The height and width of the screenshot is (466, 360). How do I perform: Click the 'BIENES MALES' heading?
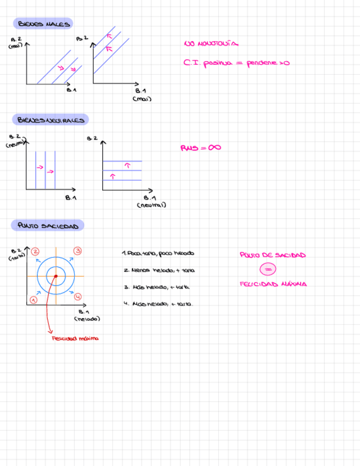click(x=43, y=24)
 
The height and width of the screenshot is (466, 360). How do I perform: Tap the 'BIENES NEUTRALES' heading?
click(x=50, y=120)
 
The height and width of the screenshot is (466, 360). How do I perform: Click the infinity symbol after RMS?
click(x=214, y=147)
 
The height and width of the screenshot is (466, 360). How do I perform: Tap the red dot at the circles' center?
click(x=56, y=276)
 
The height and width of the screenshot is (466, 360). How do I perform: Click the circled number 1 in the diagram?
click(x=33, y=299)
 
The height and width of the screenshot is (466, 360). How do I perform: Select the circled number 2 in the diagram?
click(x=35, y=251)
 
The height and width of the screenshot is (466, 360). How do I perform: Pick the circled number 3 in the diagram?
click(x=77, y=251)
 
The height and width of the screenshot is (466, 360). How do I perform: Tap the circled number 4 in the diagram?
click(x=77, y=297)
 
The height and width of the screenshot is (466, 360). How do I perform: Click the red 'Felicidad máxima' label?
click(x=75, y=339)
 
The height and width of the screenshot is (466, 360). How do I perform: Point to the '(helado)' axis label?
click(x=86, y=319)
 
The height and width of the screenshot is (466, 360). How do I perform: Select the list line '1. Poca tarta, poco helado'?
click(x=158, y=253)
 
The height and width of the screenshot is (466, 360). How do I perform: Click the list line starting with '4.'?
click(x=158, y=303)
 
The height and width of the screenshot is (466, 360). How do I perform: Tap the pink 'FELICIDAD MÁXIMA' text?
click(x=273, y=284)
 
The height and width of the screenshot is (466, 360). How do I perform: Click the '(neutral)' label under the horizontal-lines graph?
click(x=151, y=205)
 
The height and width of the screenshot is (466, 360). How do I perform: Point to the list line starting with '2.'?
click(x=159, y=270)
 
